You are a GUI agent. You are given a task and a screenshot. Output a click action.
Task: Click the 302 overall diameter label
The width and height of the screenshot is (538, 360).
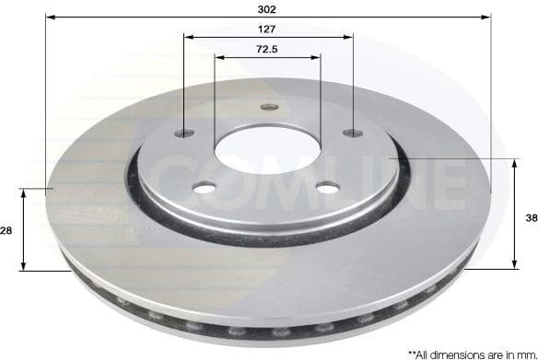268,8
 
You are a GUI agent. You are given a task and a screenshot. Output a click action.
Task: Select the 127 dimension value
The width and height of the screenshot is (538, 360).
268,29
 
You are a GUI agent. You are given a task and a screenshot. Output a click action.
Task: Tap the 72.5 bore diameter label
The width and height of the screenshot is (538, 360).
268,48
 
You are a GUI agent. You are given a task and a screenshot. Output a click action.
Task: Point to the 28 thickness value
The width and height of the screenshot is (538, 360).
6,230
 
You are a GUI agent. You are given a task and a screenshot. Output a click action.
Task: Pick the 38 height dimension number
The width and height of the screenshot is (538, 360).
530,219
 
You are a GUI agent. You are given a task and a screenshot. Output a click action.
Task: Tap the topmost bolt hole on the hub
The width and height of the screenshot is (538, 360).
269,107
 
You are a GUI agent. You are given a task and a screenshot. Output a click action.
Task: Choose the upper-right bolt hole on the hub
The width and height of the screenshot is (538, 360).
352,134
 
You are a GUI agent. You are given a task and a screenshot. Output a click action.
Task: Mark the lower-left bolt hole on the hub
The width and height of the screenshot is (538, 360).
205,188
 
